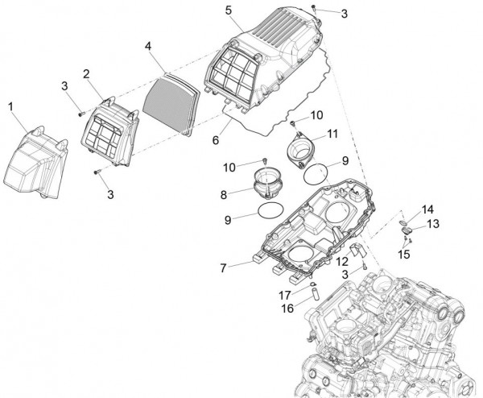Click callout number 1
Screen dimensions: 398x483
click(x=11, y=106)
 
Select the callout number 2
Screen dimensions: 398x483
click(x=86, y=73)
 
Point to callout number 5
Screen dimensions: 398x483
click(x=229, y=10)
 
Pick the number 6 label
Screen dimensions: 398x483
click(x=216, y=139)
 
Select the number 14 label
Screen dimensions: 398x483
click(x=427, y=208)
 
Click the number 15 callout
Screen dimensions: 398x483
click(x=403, y=254)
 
